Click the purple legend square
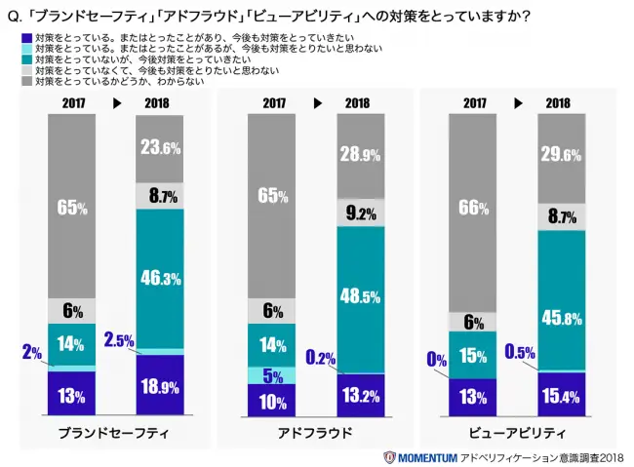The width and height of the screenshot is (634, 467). (x=26, y=35)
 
